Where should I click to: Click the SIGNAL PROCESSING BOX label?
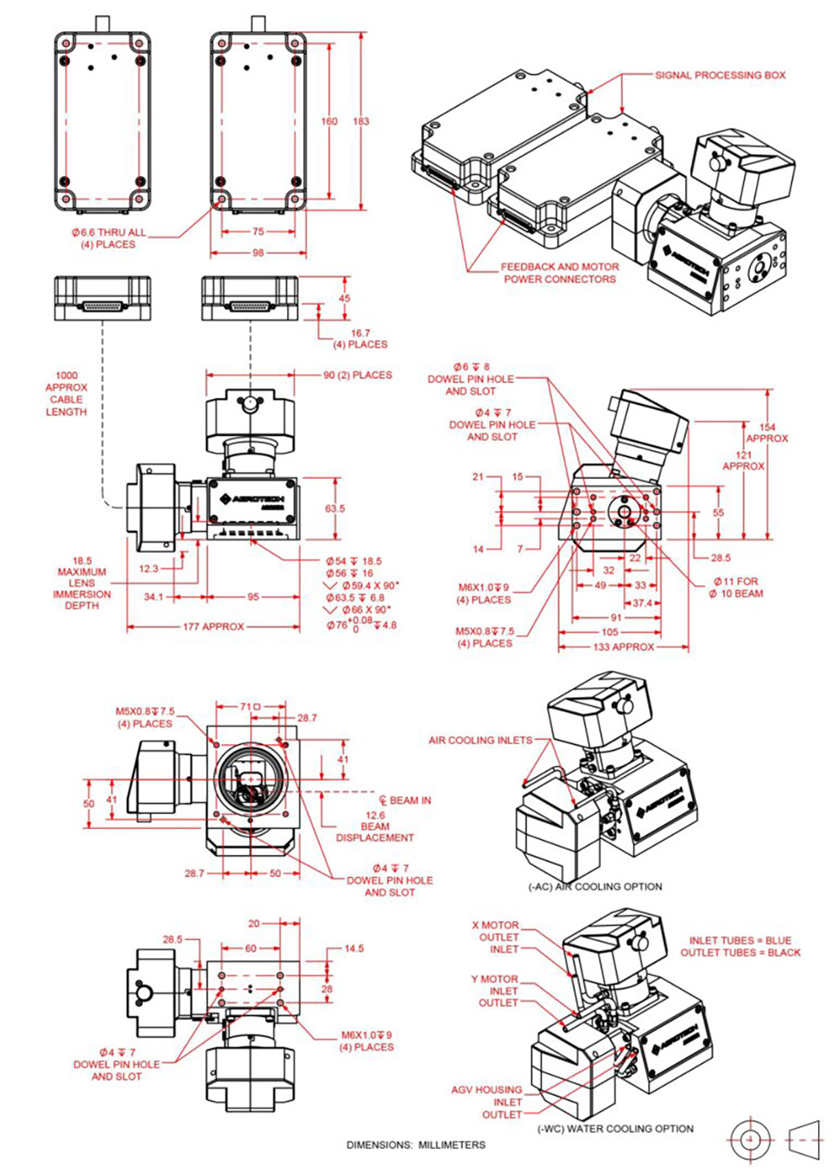(720, 75)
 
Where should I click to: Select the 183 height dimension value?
(360, 121)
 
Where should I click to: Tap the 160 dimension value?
(329, 121)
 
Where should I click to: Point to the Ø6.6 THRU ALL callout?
(108, 238)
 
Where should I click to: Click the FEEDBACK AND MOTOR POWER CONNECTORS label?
(559, 273)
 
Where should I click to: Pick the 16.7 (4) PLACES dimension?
(360, 338)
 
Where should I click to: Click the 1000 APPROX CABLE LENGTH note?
(66, 394)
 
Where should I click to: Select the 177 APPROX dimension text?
(213, 627)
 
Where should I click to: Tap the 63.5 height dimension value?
(334, 508)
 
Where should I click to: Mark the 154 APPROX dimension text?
(767, 433)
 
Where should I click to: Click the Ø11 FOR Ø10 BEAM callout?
(736, 587)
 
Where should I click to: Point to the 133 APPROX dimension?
(623, 647)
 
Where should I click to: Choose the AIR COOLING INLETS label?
(480, 740)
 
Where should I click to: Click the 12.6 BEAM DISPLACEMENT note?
(375, 826)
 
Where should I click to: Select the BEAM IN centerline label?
(406, 800)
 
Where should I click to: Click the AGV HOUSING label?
(486, 1089)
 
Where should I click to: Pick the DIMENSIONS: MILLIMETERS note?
(416, 1145)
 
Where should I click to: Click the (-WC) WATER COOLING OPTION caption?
(615, 1128)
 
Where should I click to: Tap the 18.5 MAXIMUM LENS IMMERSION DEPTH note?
(81, 583)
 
